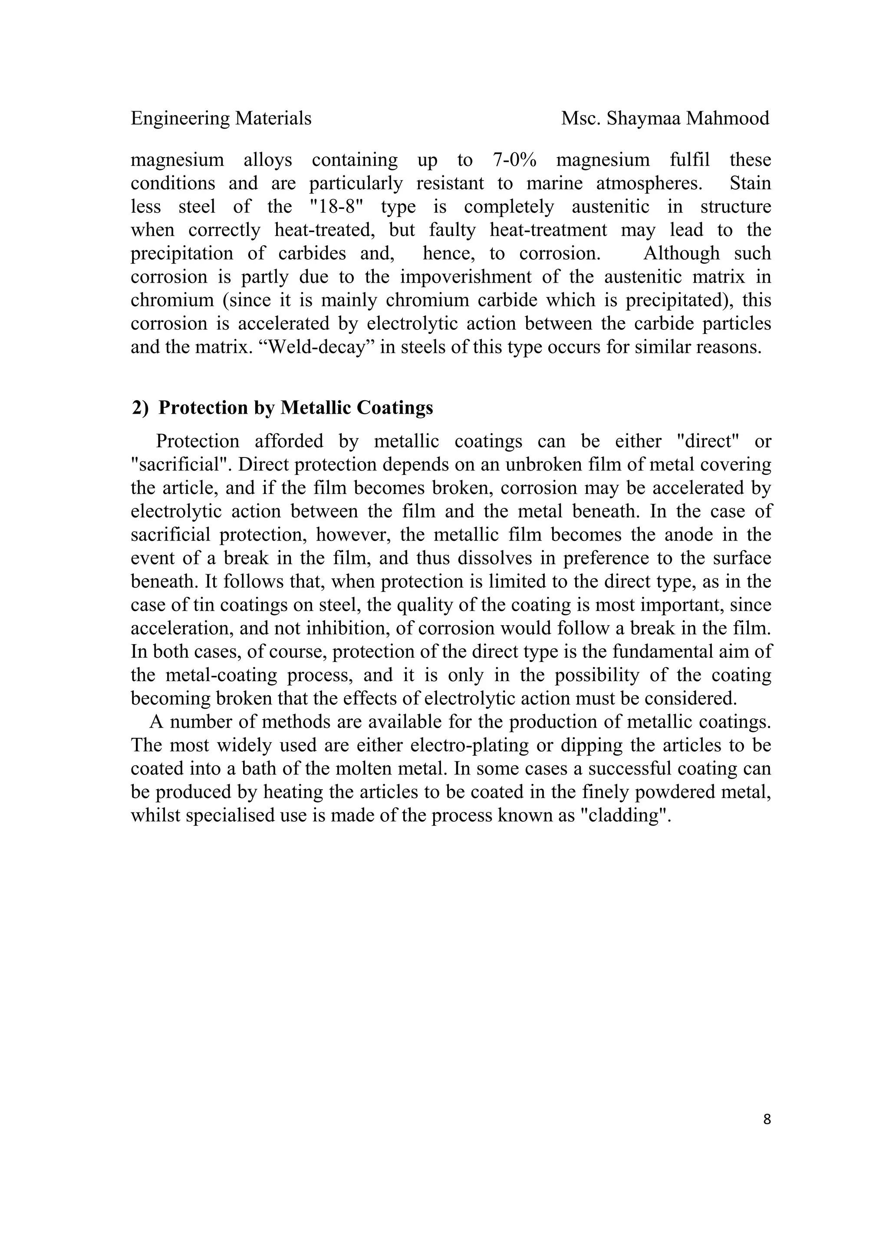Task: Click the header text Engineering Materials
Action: tap(221, 119)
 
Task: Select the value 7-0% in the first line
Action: tap(510, 160)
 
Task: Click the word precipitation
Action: tap(181, 254)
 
